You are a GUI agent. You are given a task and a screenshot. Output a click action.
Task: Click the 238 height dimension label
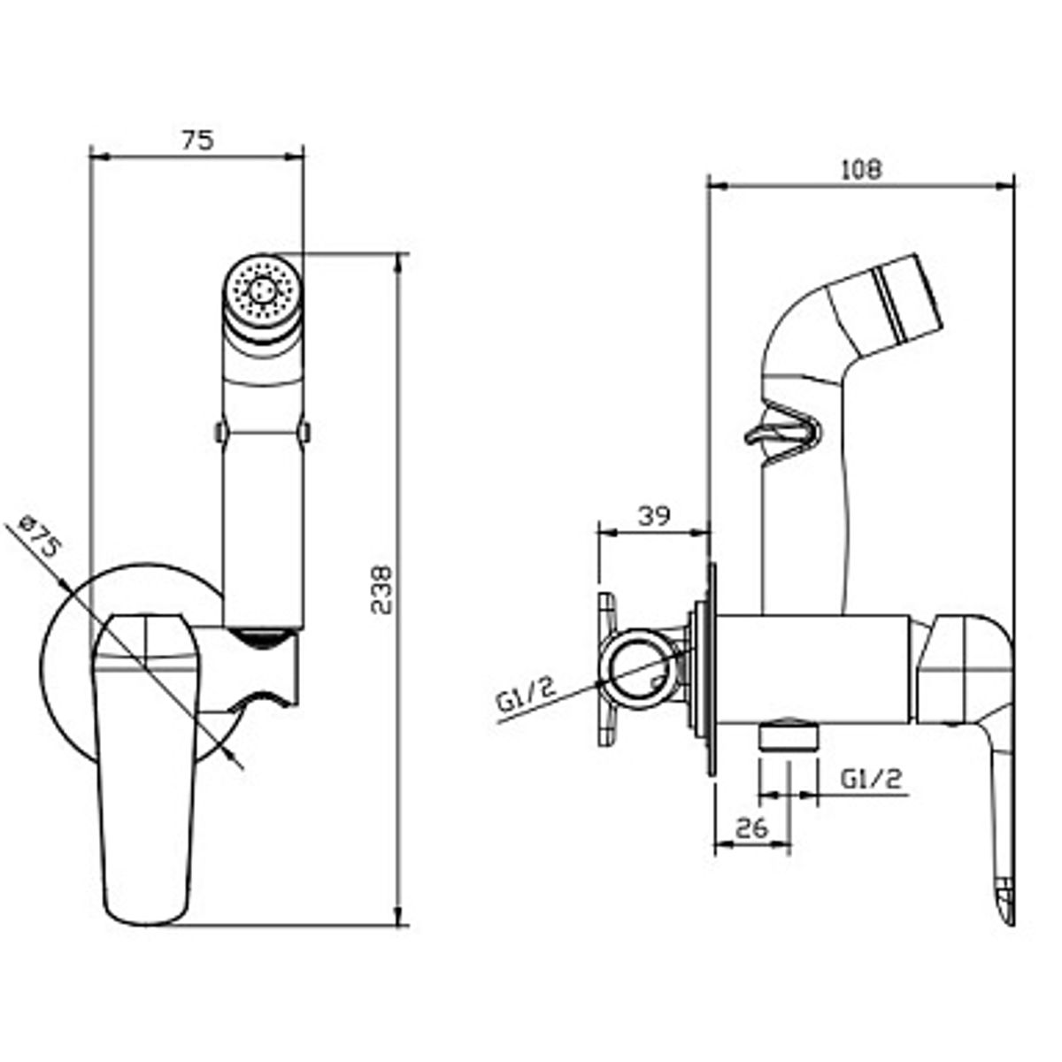click(381, 589)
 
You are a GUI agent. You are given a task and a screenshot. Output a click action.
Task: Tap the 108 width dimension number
click(861, 170)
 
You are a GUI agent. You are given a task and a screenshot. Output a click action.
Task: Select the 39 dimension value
click(654, 515)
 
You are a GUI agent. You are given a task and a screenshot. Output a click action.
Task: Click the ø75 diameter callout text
click(40, 537)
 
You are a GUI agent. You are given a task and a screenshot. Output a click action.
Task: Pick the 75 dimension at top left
click(197, 141)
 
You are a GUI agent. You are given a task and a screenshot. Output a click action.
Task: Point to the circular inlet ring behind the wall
click(639, 673)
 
